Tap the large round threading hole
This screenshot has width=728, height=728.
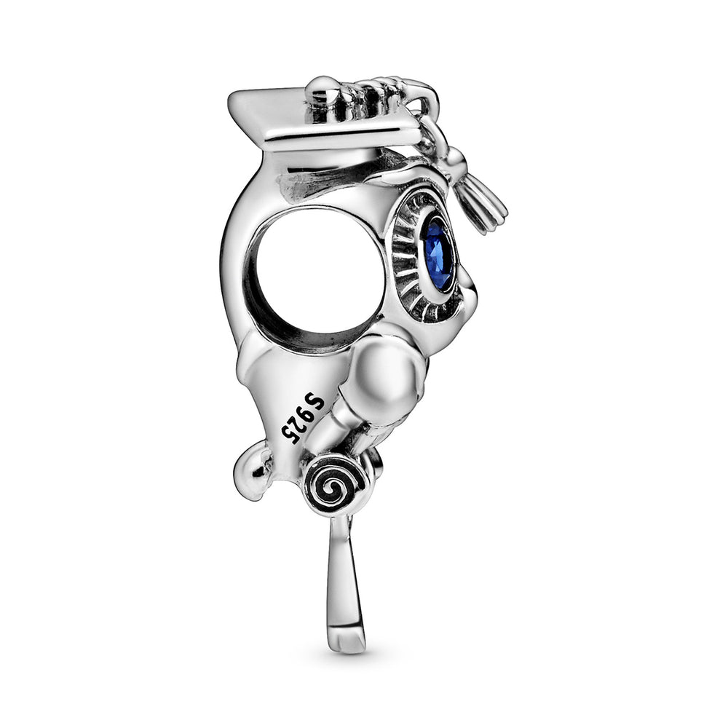pyautogui.click(x=320, y=269)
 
